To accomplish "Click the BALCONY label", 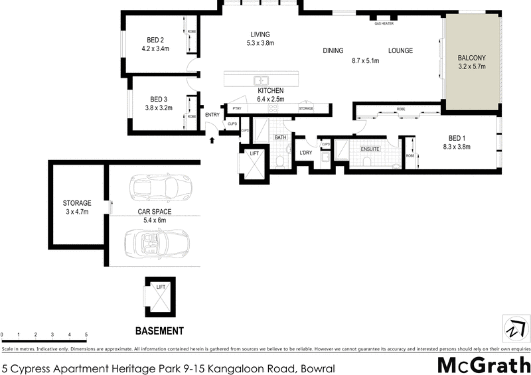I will tap(472, 58).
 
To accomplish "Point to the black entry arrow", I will tap(212, 139).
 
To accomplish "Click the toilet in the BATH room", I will tap(281, 161).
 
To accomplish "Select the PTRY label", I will tap(235, 108).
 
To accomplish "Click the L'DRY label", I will tap(306, 153).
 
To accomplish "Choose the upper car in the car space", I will tap(160, 188).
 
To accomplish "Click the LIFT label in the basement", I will tap(160, 287).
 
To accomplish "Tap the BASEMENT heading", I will tap(159, 331).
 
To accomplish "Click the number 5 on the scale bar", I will tap(86, 335).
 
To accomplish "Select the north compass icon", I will tap(515, 329).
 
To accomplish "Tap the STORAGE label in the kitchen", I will tap(306, 108).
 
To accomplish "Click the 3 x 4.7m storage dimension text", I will tap(77, 212).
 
